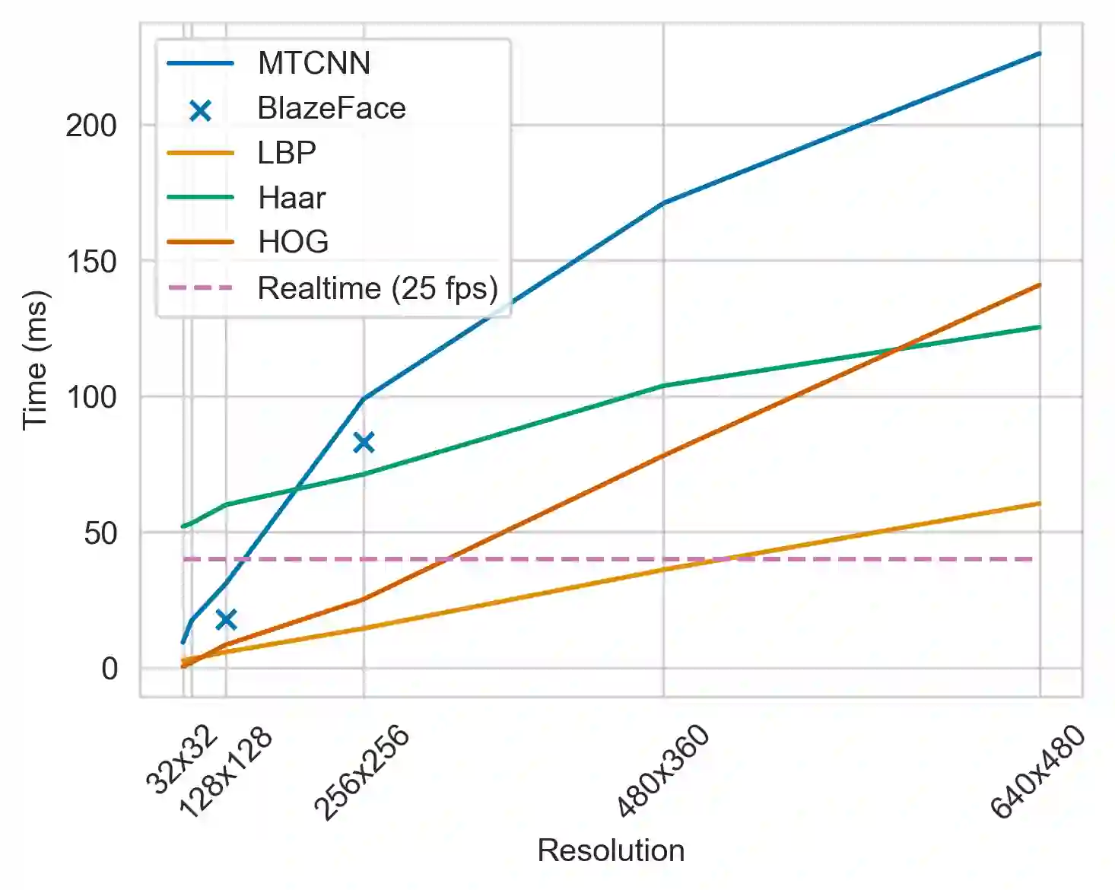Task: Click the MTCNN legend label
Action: click(x=313, y=63)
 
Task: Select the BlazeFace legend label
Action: click(x=332, y=108)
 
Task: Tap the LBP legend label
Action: click(x=287, y=153)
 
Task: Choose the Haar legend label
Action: click(x=292, y=198)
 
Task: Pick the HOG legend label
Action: click(x=294, y=243)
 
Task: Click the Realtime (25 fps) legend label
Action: click(x=378, y=288)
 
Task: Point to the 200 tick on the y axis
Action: click(x=91, y=126)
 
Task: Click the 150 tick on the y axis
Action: click(x=91, y=262)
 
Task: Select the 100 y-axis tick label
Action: click(x=91, y=397)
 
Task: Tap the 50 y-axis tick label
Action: click(x=100, y=533)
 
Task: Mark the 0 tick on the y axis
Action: click(x=110, y=669)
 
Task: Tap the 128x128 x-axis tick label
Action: click(x=225, y=772)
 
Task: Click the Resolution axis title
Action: click(x=611, y=850)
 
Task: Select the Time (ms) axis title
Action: click(x=35, y=360)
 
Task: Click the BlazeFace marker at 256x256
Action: click(x=364, y=442)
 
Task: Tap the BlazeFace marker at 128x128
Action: click(x=226, y=619)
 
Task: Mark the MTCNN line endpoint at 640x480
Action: click(x=1040, y=53)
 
